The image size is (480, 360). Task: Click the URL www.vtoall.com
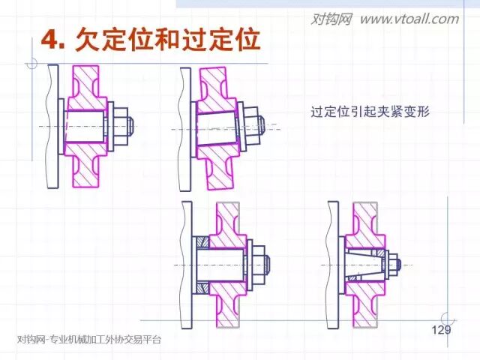409,19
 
